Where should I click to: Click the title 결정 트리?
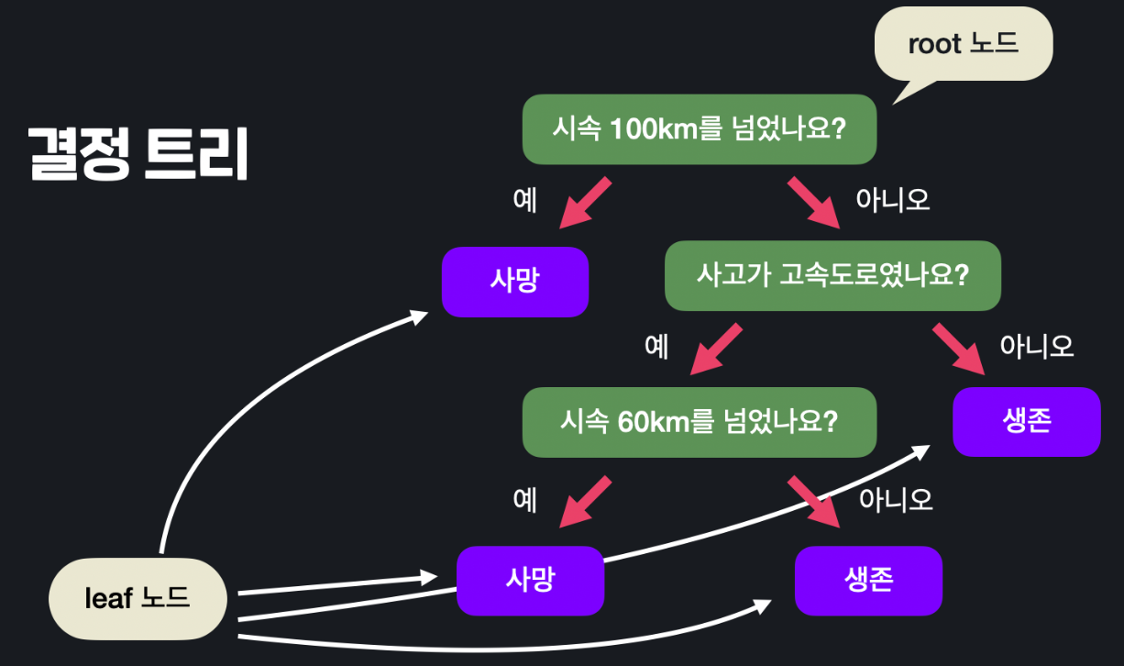point(138,153)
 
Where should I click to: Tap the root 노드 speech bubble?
point(963,44)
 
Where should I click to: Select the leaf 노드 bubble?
point(138,599)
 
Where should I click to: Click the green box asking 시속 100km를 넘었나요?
point(699,129)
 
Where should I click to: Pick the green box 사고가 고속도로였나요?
point(832,275)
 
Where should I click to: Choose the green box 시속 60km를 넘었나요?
point(699,423)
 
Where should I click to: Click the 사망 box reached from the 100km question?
point(514,282)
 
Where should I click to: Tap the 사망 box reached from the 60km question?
point(530,581)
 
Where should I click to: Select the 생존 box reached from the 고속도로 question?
point(1026,422)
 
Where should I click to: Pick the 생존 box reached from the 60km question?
point(868,581)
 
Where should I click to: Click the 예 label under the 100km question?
point(525,200)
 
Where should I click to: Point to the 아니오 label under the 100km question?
point(892,200)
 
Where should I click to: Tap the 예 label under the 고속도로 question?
point(656,346)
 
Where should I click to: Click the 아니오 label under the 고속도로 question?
point(1036,346)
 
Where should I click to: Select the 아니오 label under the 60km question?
point(896,499)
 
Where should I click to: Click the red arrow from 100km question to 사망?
point(585,203)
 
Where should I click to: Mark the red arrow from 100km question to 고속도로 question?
point(813,203)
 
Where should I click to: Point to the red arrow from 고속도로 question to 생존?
point(959,350)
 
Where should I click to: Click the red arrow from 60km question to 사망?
point(585,501)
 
